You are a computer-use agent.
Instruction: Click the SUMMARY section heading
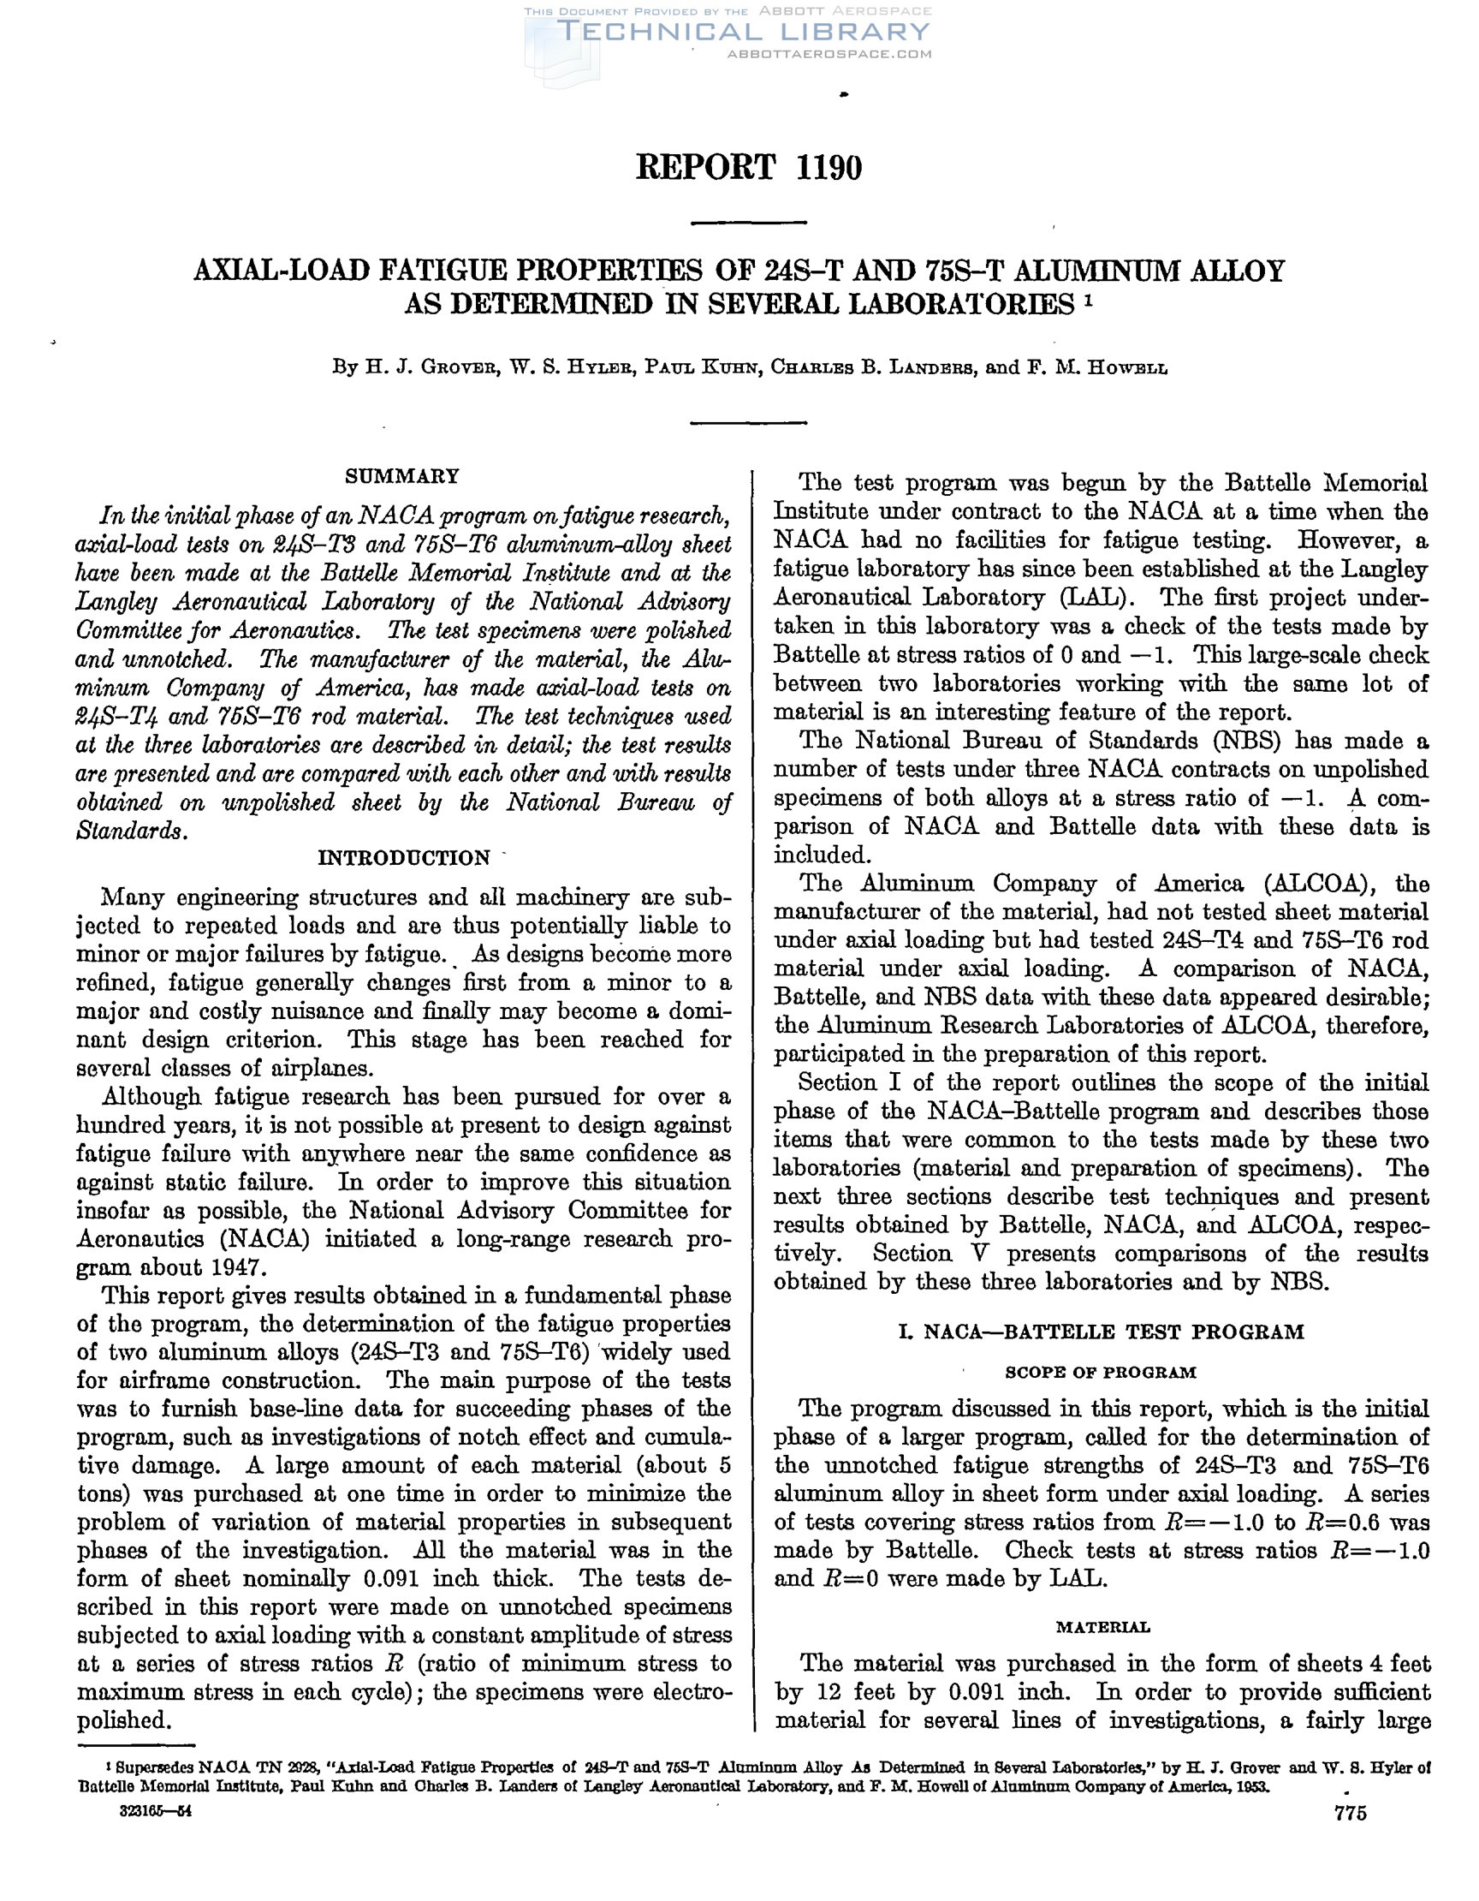click(x=402, y=476)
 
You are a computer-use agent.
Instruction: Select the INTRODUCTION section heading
click(x=404, y=858)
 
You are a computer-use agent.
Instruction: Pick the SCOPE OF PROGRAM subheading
click(x=1101, y=1373)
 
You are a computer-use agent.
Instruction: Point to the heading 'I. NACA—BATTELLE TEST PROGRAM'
click(x=1101, y=1332)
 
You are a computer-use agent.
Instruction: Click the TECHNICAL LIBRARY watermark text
click(x=744, y=33)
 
